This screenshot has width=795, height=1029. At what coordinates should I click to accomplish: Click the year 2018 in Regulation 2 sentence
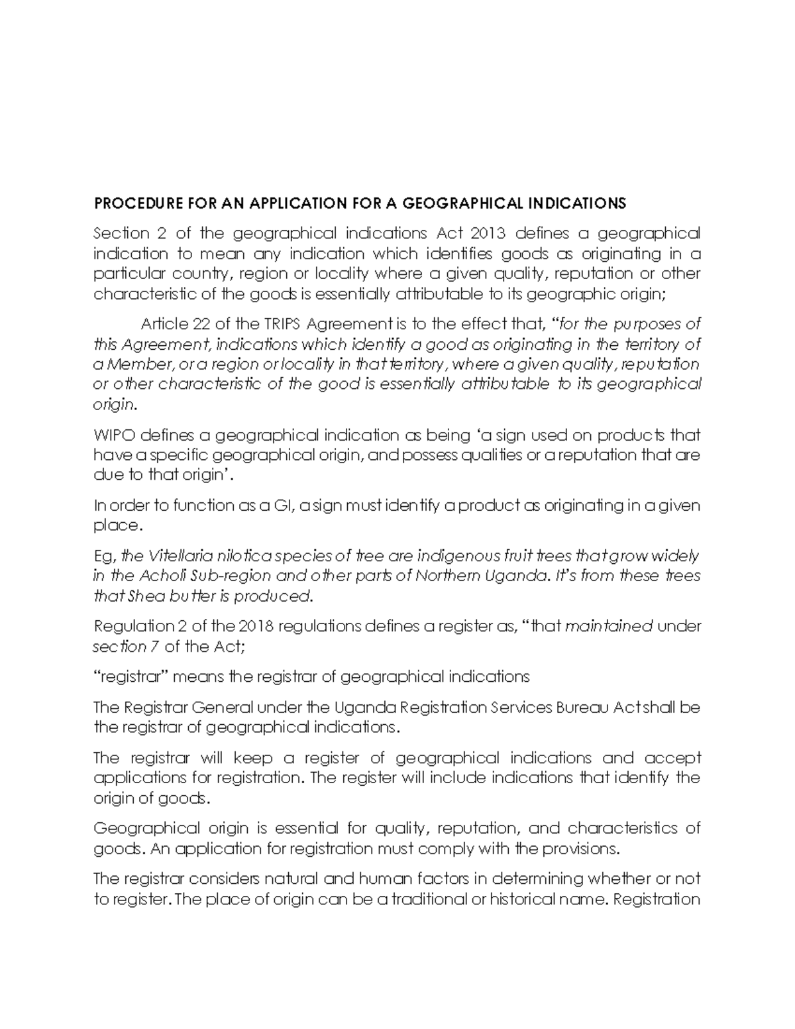pyautogui.click(x=254, y=625)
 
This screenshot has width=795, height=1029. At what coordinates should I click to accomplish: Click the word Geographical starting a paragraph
pyautogui.click(x=137, y=828)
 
